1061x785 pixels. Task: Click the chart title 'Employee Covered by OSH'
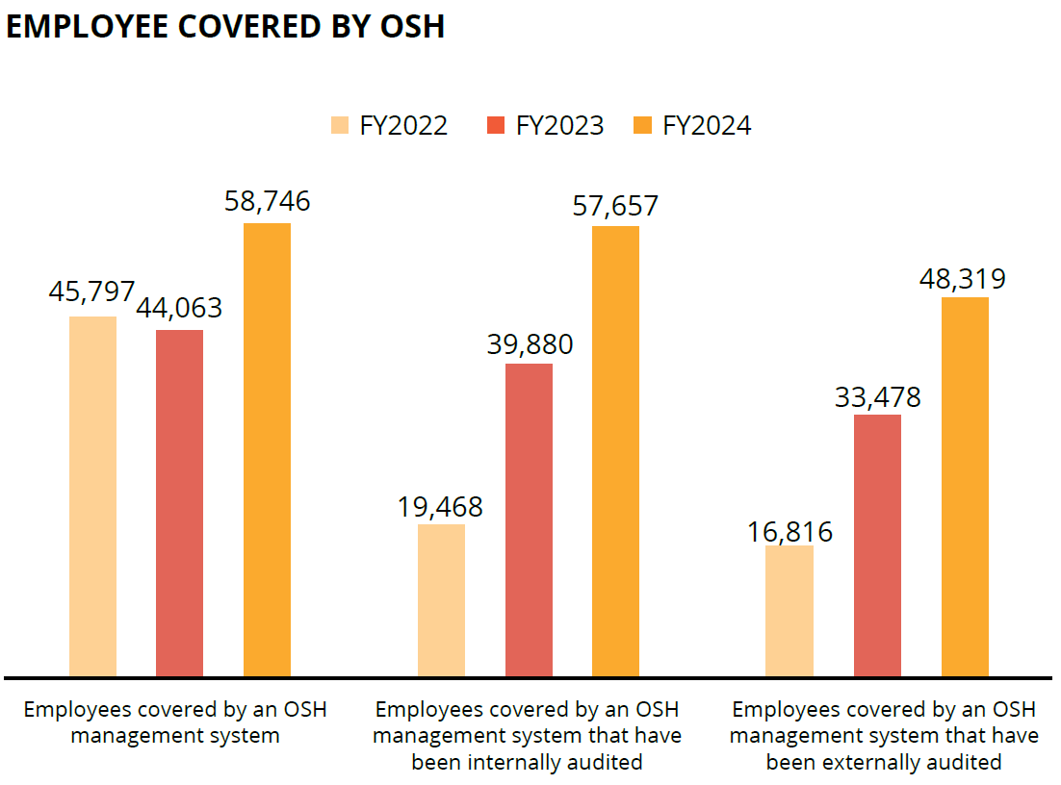tap(225, 27)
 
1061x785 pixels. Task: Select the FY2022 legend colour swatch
tap(339, 126)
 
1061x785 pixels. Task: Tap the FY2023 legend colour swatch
tap(496, 126)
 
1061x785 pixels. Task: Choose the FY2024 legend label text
tap(707, 126)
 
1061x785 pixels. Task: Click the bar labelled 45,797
tap(93, 495)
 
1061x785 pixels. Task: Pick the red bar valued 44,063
tap(180, 502)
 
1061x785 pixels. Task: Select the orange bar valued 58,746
tap(267, 449)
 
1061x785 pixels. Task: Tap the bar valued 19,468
tap(441, 599)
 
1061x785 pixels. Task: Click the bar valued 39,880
tap(529, 519)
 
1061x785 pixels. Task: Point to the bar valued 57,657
tap(615, 450)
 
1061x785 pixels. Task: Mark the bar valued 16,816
tap(789, 610)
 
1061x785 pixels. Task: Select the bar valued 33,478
tap(877, 544)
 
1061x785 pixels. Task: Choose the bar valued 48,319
tap(965, 486)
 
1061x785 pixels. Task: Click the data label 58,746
tap(267, 201)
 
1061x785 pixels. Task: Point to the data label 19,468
tap(440, 507)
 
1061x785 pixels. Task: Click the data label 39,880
tap(530, 344)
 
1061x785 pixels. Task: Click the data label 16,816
tap(789, 531)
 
